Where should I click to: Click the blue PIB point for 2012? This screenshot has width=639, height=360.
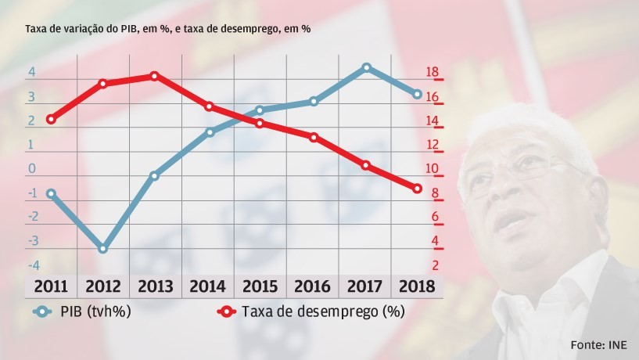pyautogui.click(x=102, y=248)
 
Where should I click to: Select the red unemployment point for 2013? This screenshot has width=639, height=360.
pyautogui.click(x=155, y=76)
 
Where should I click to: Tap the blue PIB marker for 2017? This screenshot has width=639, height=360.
pyautogui.click(x=366, y=67)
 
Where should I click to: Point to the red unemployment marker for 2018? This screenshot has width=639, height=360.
pyautogui.click(x=418, y=189)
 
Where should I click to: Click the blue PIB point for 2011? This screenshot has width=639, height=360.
pyautogui.click(x=51, y=193)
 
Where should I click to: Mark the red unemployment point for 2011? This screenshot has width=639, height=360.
pyautogui.click(x=51, y=119)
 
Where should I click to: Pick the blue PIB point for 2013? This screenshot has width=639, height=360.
pyautogui.click(x=155, y=175)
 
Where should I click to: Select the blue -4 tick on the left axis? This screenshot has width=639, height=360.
pyautogui.click(x=32, y=266)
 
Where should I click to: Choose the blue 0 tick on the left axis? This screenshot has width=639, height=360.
pyautogui.click(x=32, y=169)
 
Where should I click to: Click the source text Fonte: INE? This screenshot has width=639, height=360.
pyautogui.click(x=600, y=344)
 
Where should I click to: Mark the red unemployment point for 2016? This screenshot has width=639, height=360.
pyautogui.click(x=313, y=137)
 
